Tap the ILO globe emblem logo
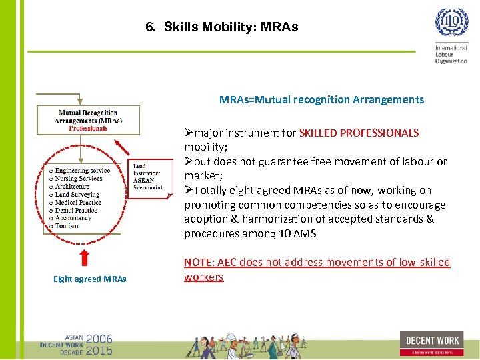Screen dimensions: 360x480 451,23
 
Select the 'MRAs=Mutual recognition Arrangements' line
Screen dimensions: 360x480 321,100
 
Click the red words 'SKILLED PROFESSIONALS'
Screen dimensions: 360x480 359,133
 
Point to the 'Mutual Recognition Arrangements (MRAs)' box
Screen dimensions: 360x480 89,120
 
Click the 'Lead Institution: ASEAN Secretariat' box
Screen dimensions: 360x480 147,176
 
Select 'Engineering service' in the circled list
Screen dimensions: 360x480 82,171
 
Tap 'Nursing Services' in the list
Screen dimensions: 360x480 78,179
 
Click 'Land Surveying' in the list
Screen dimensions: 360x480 77,195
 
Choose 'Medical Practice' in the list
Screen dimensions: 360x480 78,202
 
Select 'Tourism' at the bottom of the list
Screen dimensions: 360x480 67,226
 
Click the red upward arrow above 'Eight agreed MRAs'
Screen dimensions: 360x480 84,257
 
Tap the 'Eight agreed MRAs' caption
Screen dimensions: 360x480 90,279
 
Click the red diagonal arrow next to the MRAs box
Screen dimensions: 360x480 121,146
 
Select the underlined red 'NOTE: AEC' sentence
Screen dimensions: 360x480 317,269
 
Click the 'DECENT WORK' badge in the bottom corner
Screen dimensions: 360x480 431,343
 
